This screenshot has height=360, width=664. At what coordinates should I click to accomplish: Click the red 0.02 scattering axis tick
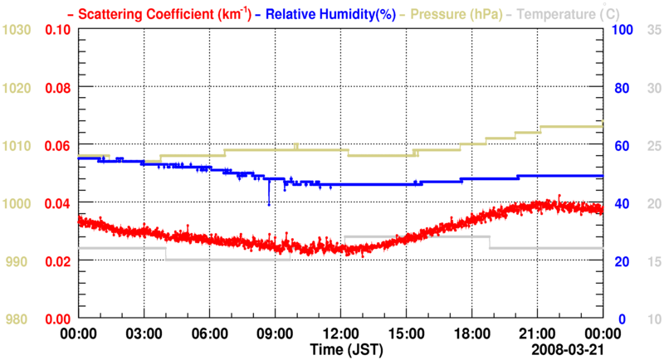[57, 261]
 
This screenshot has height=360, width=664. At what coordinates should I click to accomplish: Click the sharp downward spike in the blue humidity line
[269, 202]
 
